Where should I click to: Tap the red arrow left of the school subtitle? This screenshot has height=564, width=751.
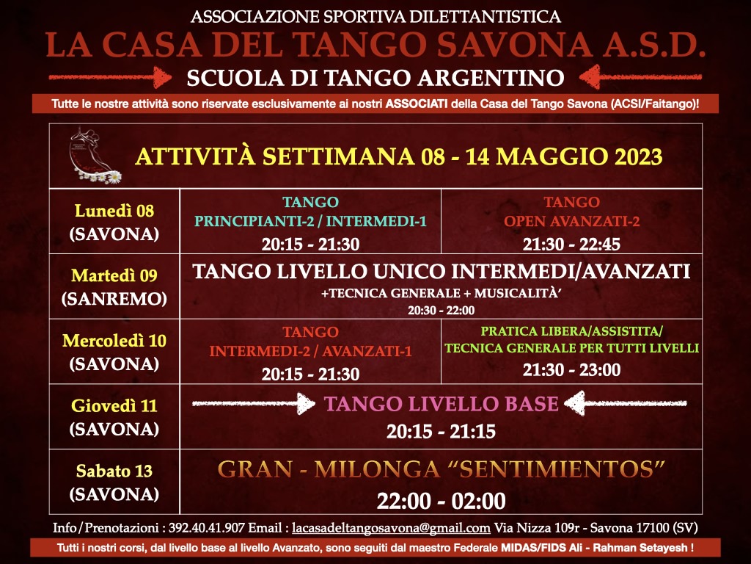(x=110, y=76)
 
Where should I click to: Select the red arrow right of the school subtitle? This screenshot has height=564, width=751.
(x=640, y=76)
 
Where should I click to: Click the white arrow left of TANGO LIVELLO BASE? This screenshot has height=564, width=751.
(x=253, y=403)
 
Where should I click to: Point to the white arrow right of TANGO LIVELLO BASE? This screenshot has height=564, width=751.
(x=626, y=403)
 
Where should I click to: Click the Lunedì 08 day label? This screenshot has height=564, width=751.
(x=114, y=211)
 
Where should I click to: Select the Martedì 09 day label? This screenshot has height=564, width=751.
(x=114, y=276)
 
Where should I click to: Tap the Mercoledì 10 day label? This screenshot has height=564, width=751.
(x=114, y=341)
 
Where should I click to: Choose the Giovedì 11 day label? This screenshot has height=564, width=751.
(x=114, y=406)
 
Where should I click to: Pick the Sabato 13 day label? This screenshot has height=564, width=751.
(x=114, y=471)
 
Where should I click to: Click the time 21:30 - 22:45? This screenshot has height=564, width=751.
(x=571, y=245)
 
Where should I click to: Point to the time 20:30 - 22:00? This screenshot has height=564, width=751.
(x=441, y=311)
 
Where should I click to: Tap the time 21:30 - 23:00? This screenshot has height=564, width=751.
(x=571, y=370)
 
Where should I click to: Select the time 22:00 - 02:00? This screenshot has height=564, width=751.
(x=441, y=501)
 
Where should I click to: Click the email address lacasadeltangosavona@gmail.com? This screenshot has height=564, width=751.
(x=391, y=528)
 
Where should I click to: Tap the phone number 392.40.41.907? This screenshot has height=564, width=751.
(x=206, y=528)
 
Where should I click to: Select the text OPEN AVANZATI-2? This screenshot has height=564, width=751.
(x=571, y=222)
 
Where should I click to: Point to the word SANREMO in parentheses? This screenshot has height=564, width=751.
(x=114, y=300)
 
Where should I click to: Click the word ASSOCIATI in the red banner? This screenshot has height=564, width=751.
(x=417, y=104)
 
